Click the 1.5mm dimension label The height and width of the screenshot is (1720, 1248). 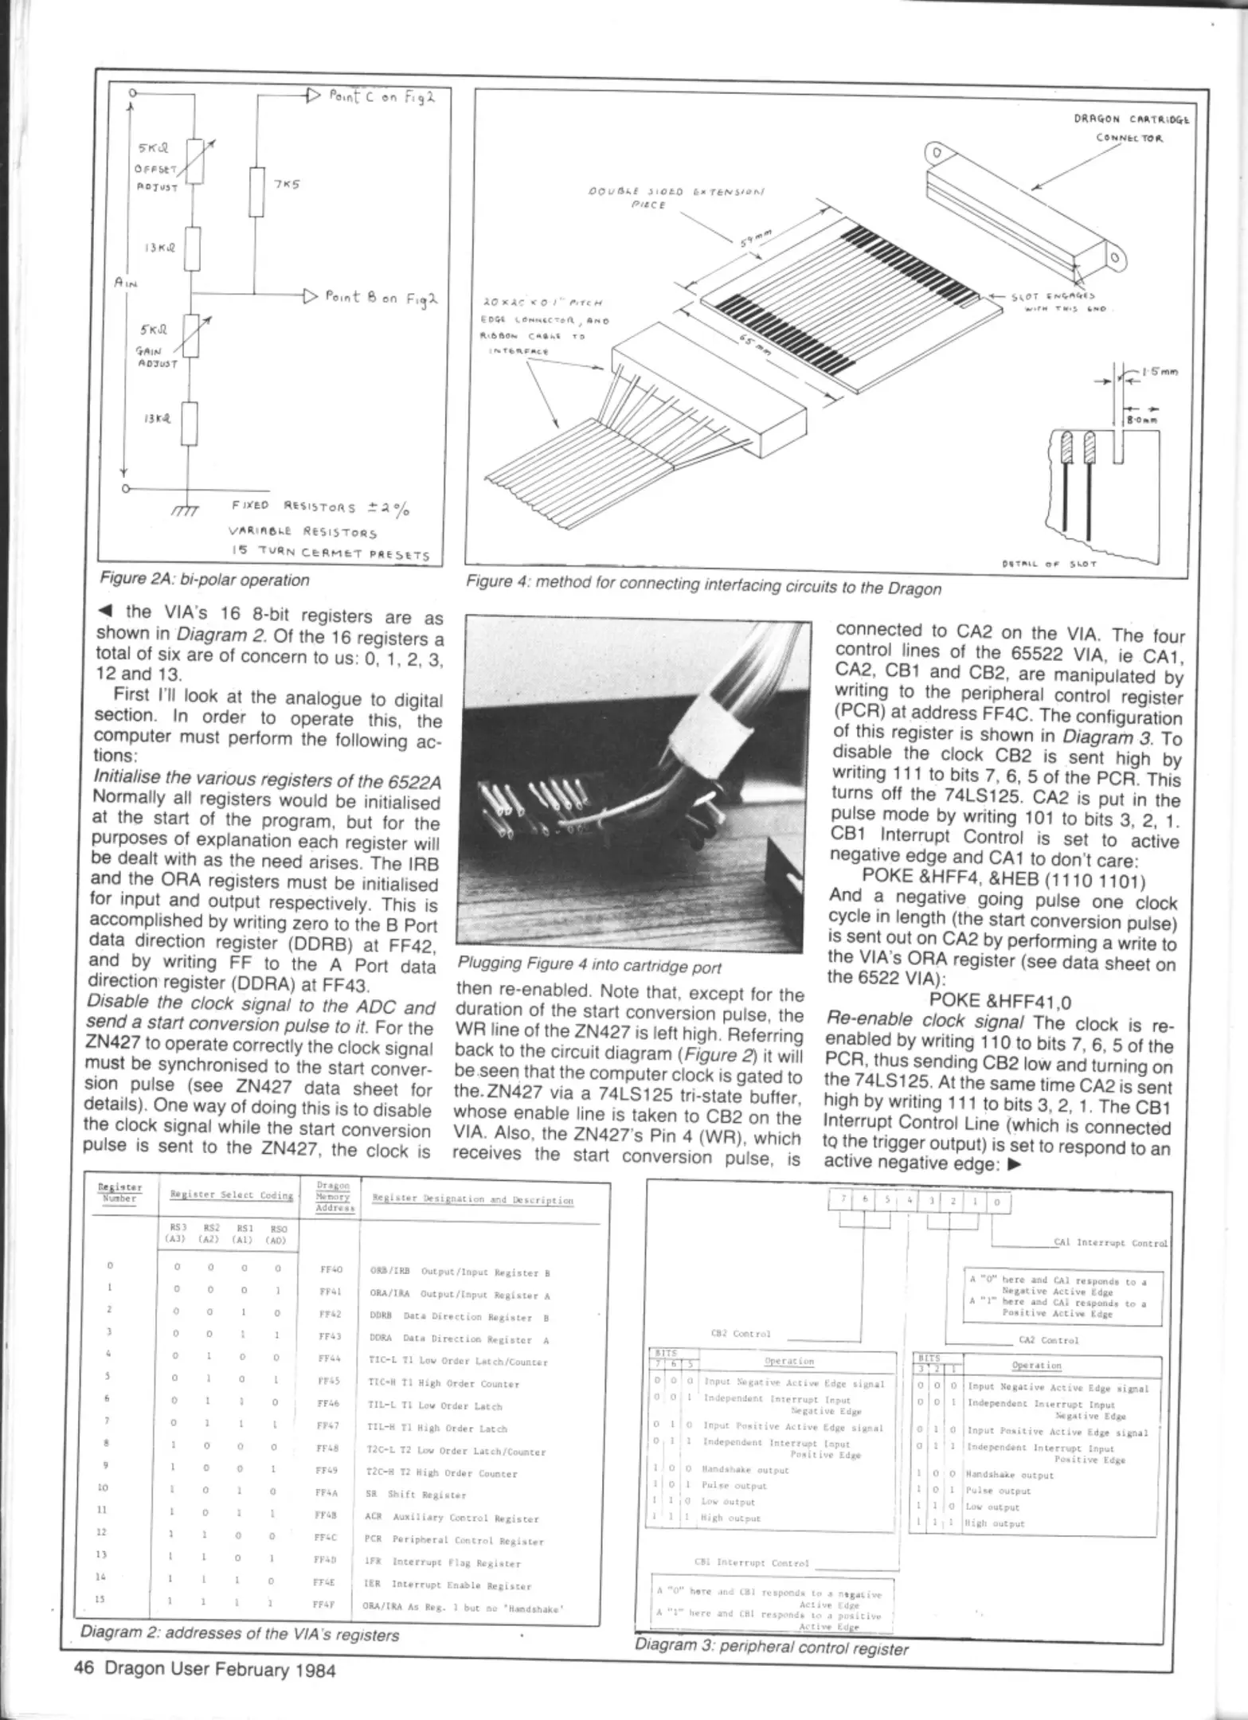pyautogui.click(x=1160, y=371)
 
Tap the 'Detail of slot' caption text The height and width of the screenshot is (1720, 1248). pyautogui.click(x=1071, y=564)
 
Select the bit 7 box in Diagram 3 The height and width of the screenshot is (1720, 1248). pyautogui.click(x=843, y=1202)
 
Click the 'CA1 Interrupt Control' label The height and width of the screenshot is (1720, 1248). pyautogui.click(x=1110, y=1242)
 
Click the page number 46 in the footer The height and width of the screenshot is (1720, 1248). pyautogui.click(x=84, y=1670)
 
